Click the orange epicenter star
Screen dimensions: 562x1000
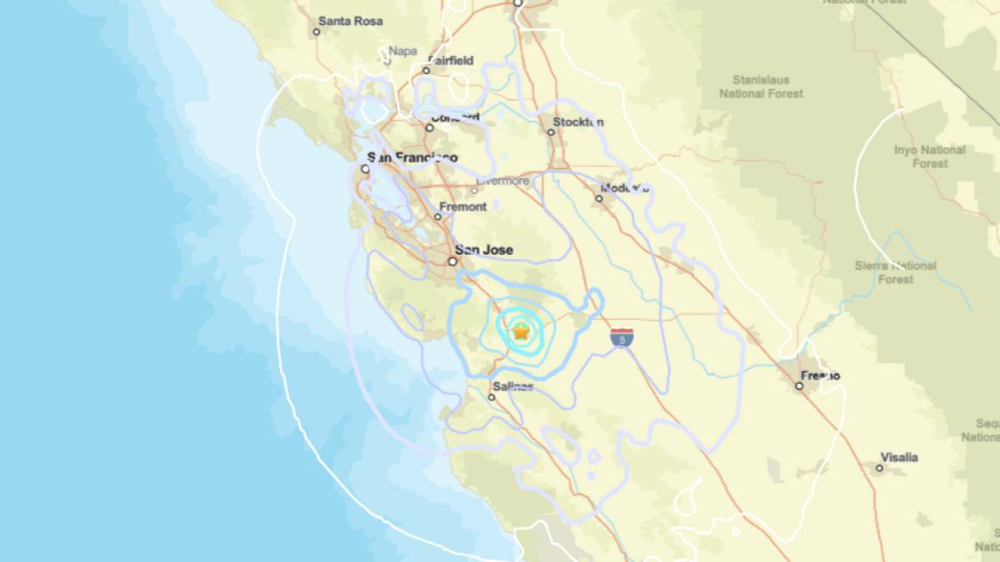[x=521, y=331]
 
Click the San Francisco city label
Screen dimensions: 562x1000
[x=412, y=158]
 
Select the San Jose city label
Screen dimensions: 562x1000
[x=484, y=250]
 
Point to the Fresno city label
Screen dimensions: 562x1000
[x=820, y=376]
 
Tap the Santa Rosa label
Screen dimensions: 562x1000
[x=350, y=21]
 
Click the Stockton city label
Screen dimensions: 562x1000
[x=578, y=122]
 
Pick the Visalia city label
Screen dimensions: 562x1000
[x=899, y=457]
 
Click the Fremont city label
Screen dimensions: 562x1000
[x=463, y=207]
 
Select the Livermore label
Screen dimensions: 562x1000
[x=502, y=181]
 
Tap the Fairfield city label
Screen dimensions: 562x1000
[x=450, y=61]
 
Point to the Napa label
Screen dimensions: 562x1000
[x=403, y=51]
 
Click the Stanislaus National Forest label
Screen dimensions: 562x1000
[x=761, y=86]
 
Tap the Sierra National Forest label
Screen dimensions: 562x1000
[x=895, y=272]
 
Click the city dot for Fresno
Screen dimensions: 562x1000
[x=799, y=386]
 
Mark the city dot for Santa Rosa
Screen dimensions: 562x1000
[x=317, y=32]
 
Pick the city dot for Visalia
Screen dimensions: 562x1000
[x=880, y=468]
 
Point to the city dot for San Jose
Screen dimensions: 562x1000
[x=451, y=261]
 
